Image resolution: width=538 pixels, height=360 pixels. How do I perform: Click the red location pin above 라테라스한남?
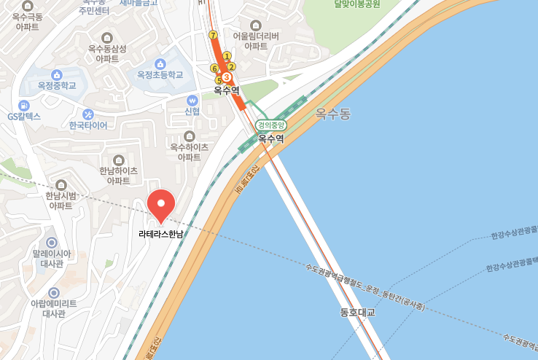(x=161, y=203)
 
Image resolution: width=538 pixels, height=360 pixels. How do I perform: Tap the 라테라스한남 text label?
(x=161, y=234)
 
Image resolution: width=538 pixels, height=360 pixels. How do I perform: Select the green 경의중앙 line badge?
(x=270, y=125)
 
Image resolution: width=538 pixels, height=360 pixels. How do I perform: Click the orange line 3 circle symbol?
(x=227, y=77)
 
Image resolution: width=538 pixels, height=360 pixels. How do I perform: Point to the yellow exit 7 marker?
(x=213, y=34)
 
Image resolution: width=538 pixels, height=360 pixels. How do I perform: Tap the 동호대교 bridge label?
(x=356, y=313)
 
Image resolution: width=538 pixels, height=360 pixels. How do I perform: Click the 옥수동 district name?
(x=333, y=114)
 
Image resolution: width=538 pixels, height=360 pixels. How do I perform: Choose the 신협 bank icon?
(x=192, y=100)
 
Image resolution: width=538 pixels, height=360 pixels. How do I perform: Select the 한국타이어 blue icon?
(x=88, y=114)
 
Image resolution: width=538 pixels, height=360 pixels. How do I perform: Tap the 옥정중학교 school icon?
(x=57, y=74)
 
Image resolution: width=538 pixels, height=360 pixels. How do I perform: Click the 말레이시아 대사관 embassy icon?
(x=52, y=242)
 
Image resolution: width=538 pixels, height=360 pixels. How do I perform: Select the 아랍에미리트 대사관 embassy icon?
(x=53, y=292)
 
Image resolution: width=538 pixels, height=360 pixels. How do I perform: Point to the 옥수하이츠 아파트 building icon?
(x=190, y=136)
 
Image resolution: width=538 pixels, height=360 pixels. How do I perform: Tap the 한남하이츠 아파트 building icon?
(x=119, y=160)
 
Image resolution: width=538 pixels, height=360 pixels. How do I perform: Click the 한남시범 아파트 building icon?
(x=61, y=184)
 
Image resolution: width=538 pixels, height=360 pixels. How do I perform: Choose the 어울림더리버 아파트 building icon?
(x=256, y=25)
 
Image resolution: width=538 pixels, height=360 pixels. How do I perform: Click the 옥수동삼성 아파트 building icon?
(x=107, y=38)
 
